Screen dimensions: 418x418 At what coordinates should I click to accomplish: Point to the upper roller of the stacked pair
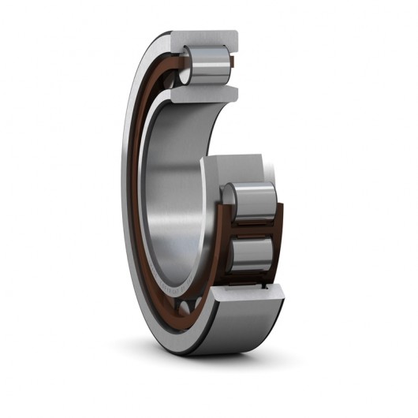pos(251,200)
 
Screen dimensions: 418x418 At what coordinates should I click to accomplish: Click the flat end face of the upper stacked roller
pos(231,200)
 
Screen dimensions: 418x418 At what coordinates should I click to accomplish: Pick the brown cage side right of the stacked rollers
pos(277,229)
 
